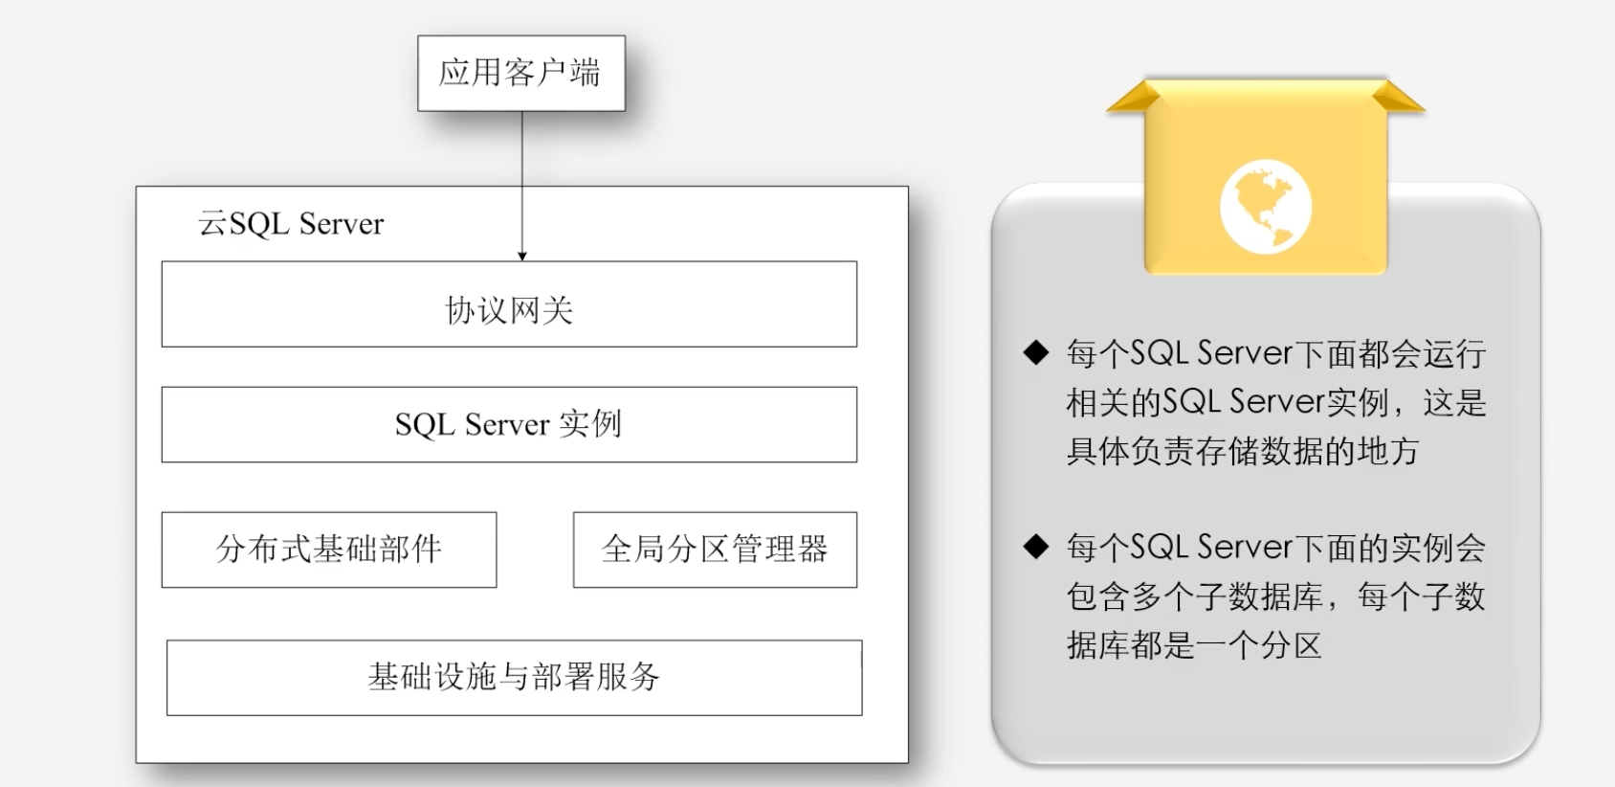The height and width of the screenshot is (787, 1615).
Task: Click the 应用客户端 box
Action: [x=520, y=73]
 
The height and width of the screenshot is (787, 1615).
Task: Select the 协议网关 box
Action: [x=509, y=304]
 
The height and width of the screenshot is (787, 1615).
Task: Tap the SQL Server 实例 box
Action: [x=509, y=424]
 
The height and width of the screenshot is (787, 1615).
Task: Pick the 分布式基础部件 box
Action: [x=329, y=550]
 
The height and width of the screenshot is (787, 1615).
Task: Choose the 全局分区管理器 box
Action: [x=715, y=550]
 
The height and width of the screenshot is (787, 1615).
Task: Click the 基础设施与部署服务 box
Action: [x=514, y=677]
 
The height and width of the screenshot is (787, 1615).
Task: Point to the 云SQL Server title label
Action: [x=291, y=224]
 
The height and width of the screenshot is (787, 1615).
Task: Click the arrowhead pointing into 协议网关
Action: [x=522, y=256]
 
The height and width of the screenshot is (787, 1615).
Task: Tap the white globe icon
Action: [x=1265, y=207]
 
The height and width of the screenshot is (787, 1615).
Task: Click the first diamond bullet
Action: [x=1036, y=352]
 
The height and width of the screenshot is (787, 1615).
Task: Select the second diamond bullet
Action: [x=1036, y=547]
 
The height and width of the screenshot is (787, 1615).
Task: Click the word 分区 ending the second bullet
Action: [x=1291, y=645]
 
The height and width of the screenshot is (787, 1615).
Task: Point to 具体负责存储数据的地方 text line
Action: [x=1242, y=451]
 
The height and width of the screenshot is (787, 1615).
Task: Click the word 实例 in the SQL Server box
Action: [x=590, y=423]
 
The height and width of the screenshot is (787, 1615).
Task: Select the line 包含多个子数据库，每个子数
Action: [x=1275, y=596]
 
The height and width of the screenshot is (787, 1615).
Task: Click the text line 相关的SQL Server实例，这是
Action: [x=1275, y=402]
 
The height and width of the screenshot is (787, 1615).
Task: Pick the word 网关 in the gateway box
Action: [x=542, y=310]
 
